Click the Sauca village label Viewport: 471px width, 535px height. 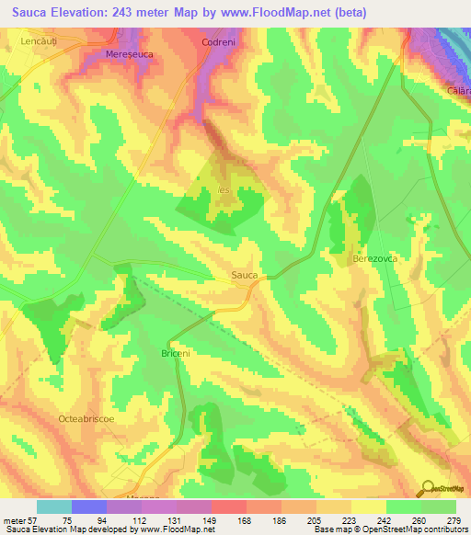245,275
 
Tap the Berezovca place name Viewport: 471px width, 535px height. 373,260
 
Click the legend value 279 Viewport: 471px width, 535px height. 455,519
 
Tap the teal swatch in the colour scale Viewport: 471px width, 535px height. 54,507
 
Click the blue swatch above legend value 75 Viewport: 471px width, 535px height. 89,507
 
